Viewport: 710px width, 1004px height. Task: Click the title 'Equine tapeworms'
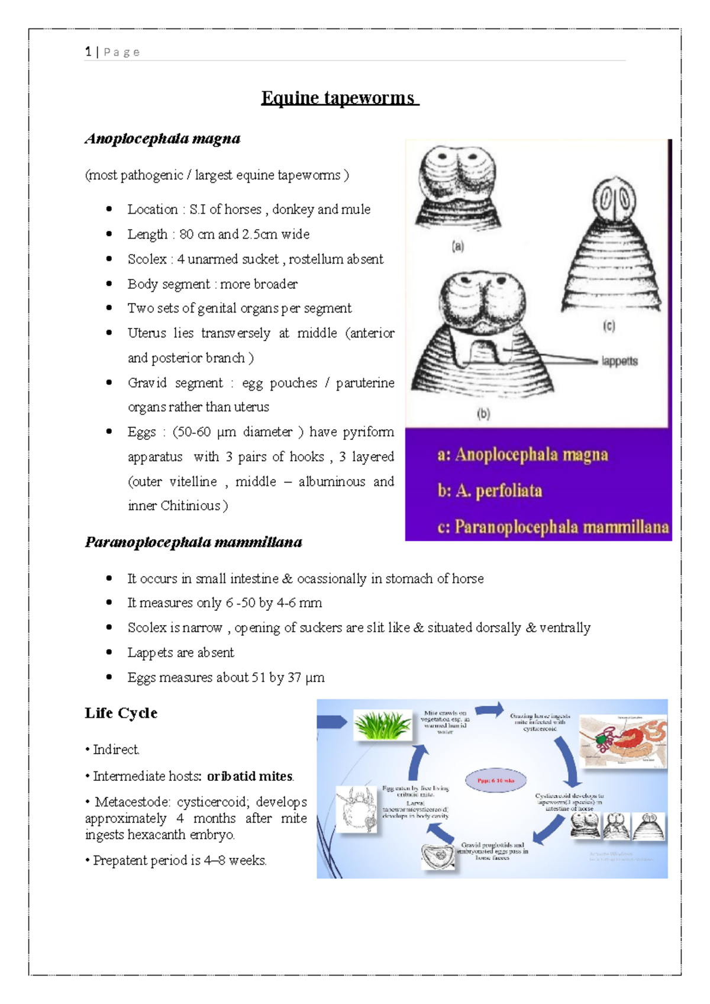click(340, 98)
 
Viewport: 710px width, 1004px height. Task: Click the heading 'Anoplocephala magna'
click(163, 139)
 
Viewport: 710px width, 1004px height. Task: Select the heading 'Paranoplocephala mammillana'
click(193, 542)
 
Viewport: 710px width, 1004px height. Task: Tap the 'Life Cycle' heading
click(121, 713)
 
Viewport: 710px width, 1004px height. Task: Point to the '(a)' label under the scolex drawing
click(458, 247)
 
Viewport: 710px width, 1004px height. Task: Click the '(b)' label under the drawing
click(483, 414)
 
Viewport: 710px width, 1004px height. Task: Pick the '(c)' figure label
click(609, 326)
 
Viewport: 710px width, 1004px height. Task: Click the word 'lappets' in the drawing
click(619, 361)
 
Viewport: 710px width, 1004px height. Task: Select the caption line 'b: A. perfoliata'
click(489, 491)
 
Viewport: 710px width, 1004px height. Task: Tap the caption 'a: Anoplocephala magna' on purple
click(522, 455)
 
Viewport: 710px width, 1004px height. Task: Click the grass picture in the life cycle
click(383, 725)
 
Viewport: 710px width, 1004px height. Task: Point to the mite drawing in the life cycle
click(357, 809)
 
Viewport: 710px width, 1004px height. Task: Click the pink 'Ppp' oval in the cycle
click(496, 780)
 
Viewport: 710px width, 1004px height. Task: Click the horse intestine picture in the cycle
click(622, 741)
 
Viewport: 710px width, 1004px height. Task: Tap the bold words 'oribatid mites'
click(250, 776)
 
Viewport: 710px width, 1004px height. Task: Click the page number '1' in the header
click(88, 52)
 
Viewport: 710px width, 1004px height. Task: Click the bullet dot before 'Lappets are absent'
click(109, 652)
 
